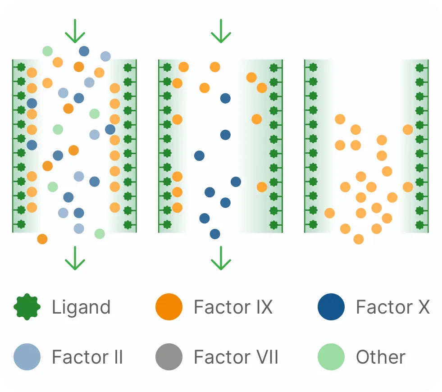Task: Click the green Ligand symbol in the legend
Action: (27, 307)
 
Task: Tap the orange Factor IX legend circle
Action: (169, 307)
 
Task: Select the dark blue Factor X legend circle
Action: (331, 307)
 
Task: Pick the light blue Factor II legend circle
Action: (27, 357)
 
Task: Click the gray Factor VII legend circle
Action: (169, 357)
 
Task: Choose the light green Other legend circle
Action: (331, 357)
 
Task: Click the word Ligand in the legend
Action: (81, 308)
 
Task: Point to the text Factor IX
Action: (233, 307)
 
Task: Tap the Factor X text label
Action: (393, 307)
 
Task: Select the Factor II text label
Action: (87, 357)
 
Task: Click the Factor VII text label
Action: (236, 357)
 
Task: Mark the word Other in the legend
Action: (381, 357)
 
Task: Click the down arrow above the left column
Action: (75, 31)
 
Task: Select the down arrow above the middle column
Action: (221, 31)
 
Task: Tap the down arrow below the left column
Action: (75, 258)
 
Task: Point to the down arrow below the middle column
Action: (221, 258)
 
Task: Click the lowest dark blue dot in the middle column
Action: (215, 234)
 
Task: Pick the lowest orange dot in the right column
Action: (359, 239)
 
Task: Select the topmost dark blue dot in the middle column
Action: (225, 98)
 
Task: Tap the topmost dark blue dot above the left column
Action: (84, 51)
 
